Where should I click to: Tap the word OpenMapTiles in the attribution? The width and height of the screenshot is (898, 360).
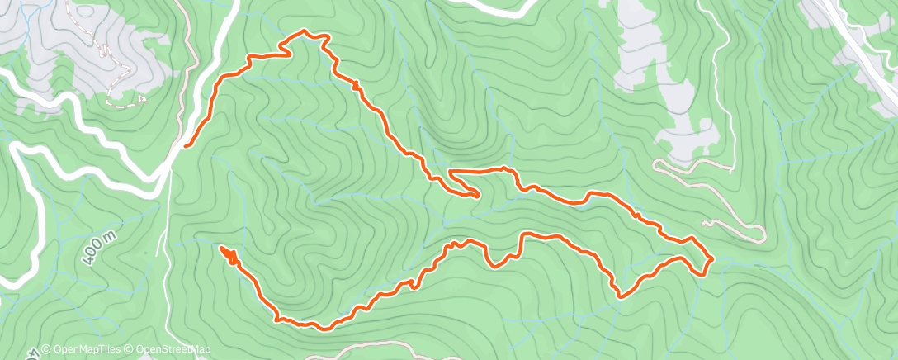(x=82, y=349)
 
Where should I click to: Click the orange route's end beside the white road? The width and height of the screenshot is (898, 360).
(x=186, y=145)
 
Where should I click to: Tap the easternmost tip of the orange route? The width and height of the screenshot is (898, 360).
(x=711, y=259)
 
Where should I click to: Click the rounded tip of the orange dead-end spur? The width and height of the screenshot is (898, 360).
(x=477, y=194)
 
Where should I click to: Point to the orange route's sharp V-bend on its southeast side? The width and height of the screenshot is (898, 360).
(x=622, y=293)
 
